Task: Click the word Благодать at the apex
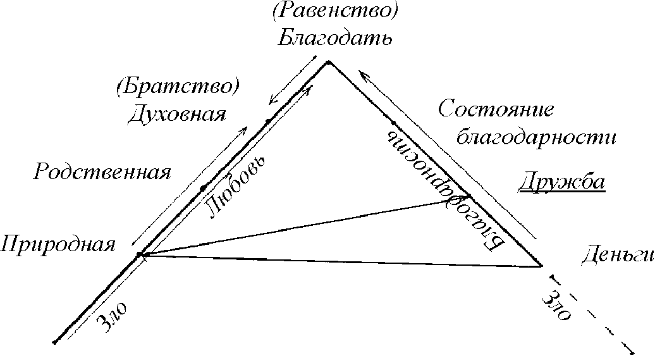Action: click(336, 37)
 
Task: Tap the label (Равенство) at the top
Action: click(336, 11)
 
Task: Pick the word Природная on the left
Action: click(58, 244)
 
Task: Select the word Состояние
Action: click(496, 109)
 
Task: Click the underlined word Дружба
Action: click(562, 183)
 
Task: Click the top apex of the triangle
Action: click(328, 61)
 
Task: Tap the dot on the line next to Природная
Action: click(140, 255)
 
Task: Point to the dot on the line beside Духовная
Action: click(268, 120)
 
